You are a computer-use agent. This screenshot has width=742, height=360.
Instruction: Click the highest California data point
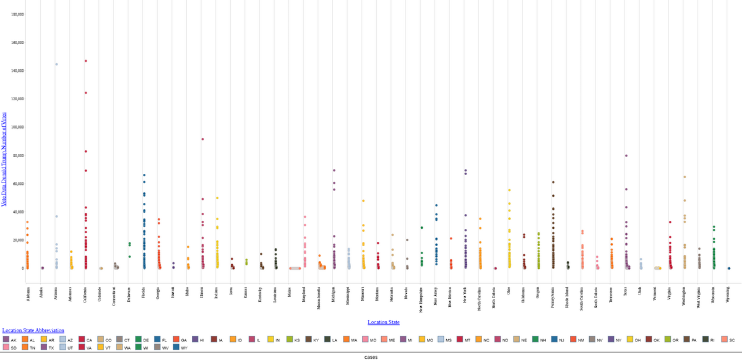(85, 61)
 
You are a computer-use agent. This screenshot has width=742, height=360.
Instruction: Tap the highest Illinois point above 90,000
(202, 139)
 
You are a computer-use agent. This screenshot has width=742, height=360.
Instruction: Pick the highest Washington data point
(684, 177)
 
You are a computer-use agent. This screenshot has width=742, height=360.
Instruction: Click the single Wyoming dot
(728, 268)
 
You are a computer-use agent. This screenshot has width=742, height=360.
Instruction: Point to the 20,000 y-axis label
(17, 240)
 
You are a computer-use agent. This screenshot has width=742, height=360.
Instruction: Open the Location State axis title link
(383, 322)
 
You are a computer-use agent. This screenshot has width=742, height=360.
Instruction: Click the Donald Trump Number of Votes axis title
(4, 158)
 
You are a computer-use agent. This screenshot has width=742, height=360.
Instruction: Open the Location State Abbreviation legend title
(33, 330)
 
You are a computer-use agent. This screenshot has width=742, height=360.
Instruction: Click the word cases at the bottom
(371, 356)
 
